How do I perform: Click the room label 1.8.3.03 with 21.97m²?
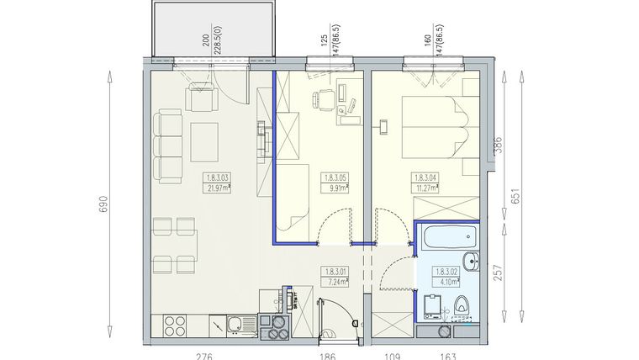pyautogui.click(x=217, y=183)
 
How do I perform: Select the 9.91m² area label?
pyautogui.click(x=336, y=183)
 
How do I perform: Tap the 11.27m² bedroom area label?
pyautogui.click(x=425, y=183)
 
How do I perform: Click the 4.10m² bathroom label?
pyautogui.click(x=446, y=277)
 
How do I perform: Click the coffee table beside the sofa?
pyautogui.click(x=204, y=141)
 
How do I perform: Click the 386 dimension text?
pyautogui.click(x=496, y=149)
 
